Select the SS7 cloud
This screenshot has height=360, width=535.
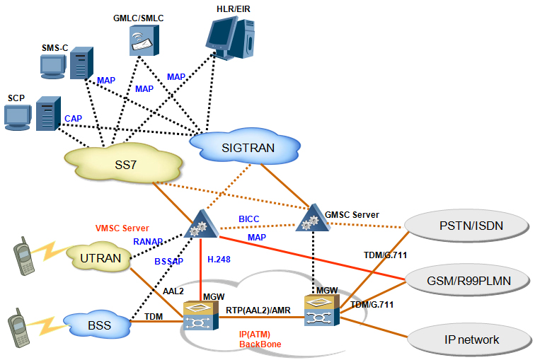pyautogui.click(x=122, y=164)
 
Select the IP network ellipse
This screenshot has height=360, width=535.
pyautogui.click(x=471, y=339)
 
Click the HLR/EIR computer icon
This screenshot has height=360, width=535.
pyautogui.click(x=231, y=35)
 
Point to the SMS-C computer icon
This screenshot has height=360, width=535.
pyautogui.click(x=67, y=64)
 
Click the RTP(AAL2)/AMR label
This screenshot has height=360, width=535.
pyautogui.click(x=259, y=310)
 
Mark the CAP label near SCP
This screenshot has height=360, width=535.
pyautogui.click(x=73, y=118)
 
